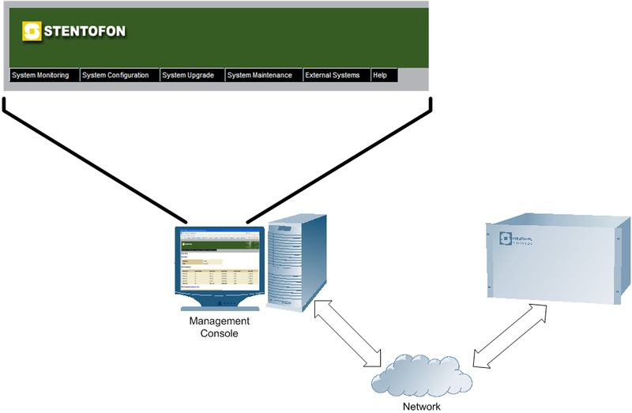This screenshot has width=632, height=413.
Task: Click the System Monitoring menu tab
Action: (x=40, y=75)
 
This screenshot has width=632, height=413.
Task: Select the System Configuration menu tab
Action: (x=115, y=75)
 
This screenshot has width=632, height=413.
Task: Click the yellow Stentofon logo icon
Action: (x=32, y=32)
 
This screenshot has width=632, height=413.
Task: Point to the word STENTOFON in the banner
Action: (x=84, y=32)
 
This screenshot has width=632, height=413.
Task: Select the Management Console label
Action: (x=219, y=328)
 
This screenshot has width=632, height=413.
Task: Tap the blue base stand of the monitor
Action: (x=220, y=304)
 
